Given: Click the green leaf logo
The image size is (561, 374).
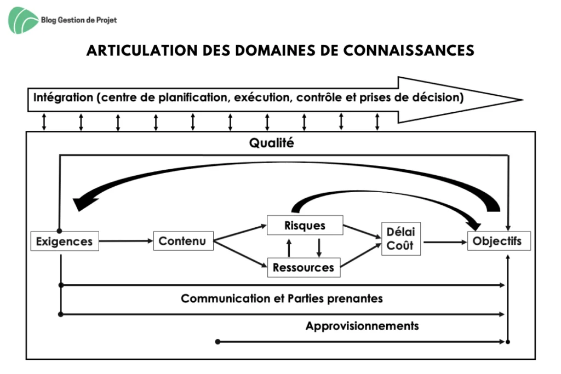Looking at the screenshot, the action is pos(23,20).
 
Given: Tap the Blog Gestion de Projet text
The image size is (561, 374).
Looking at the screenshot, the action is pos(79,20).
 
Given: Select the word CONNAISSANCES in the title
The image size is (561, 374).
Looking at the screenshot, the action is pos(409,50).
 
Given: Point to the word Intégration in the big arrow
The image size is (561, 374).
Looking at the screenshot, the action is pos(63,97).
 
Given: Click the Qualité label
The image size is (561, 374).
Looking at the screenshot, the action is pos(272,143).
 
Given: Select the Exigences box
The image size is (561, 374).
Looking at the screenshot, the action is pos(65,241).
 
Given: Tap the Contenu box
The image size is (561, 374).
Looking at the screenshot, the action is pos(183,241).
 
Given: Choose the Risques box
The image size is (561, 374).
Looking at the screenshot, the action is pos(305,225).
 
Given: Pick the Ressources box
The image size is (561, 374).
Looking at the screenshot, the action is pos(304,267).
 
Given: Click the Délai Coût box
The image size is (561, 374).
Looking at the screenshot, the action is pos(401,239).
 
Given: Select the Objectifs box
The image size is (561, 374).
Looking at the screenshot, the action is pos(499,241).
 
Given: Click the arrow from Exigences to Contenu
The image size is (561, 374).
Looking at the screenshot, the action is pos(126,241).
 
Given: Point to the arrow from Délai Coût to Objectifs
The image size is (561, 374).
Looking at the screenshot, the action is pos(445,243).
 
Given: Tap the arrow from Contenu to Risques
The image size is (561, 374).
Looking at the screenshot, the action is pos(240,233).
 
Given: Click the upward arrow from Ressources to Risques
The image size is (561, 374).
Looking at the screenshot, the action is pos(289,248).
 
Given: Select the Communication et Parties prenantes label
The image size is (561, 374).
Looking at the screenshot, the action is pos(282,298).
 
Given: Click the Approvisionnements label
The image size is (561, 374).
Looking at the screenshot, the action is pos(362,326).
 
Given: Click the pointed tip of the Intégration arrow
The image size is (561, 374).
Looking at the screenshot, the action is pos(523,100).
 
